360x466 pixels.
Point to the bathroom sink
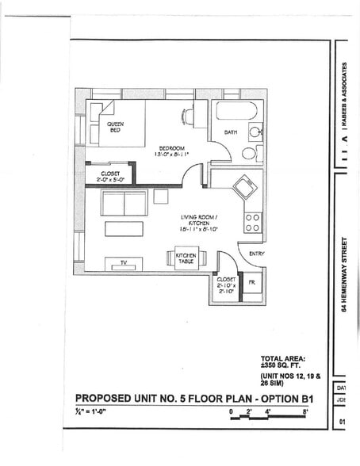coord(255,132)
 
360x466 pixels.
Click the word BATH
coord(231,132)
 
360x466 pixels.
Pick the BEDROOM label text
coord(172,148)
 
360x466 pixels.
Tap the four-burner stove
coord(253,223)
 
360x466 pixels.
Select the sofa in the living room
coord(124,203)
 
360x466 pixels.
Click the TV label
coord(124,262)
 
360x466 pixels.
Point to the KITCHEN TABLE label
coord(186,258)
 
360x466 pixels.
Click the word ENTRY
coord(256,254)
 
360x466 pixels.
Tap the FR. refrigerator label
coord(251,281)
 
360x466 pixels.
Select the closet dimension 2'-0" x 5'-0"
coord(110,178)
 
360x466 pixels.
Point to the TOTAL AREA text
coord(283,358)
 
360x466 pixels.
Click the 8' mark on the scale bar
coord(304,411)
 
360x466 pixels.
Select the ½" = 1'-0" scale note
coord(94,412)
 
